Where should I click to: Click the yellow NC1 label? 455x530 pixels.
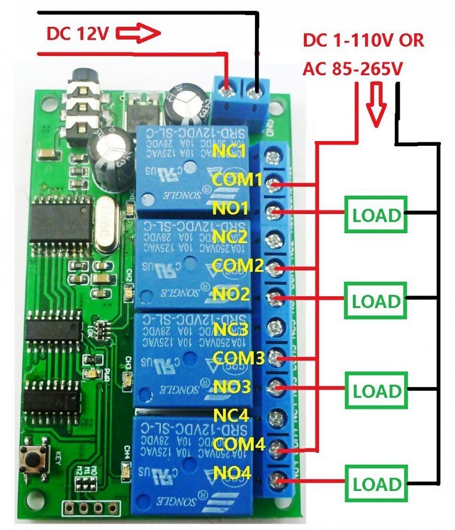click(229, 151)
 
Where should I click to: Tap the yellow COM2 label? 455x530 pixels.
click(237, 265)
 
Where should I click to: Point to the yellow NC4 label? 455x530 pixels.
click(231, 416)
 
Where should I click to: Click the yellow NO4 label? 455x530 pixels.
click(232, 473)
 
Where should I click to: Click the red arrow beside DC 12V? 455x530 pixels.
click(138, 34)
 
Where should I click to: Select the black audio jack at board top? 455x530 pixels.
click(82, 99)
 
